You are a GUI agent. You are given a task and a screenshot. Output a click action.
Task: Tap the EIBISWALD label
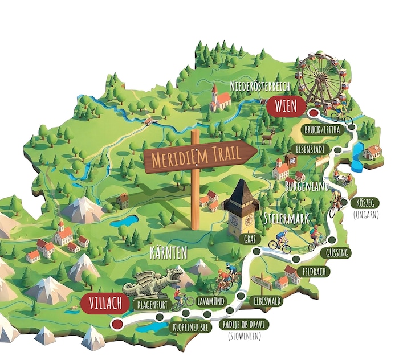265,301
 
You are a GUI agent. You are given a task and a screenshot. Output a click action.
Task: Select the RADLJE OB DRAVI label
245,325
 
